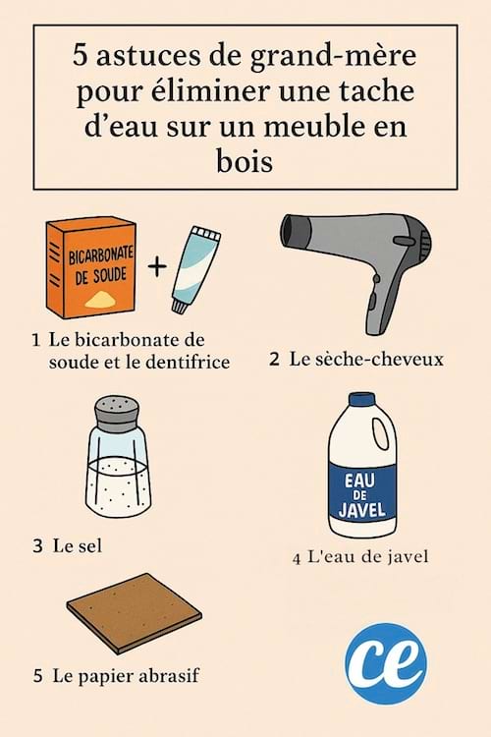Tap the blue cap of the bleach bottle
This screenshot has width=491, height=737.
pyautogui.click(x=362, y=401)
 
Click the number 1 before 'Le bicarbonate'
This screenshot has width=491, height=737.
pyautogui.click(x=35, y=341)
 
